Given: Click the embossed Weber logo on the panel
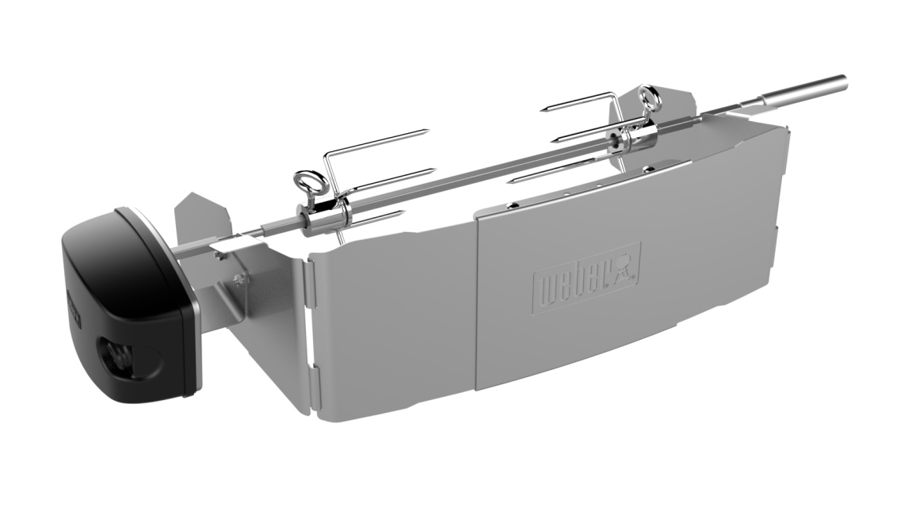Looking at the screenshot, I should pyautogui.click(x=587, y=277).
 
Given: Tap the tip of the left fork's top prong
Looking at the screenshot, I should pyautogui.click(x=425, y=132).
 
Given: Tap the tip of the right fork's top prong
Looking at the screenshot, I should pyautogui.click(x=546, y=108).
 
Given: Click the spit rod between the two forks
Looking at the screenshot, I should pyautogui.click(x=475, y=179).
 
